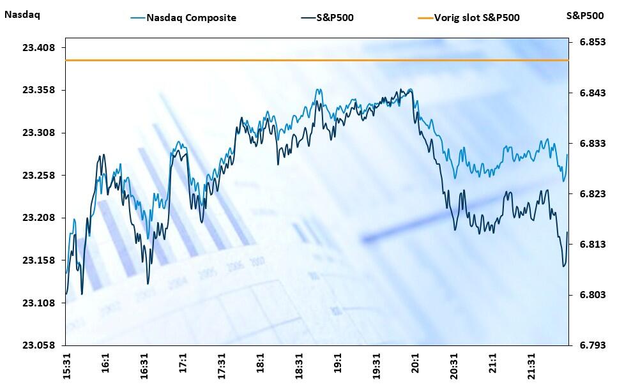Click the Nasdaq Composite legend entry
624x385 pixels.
coord(192,18)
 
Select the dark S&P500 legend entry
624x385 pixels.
coord(335,18)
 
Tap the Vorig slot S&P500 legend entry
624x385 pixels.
coord(476,18)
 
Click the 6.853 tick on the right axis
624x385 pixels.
coord(591,42)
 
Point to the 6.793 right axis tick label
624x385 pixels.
coord(591,345)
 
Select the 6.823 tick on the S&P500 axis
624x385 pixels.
coord(591,194)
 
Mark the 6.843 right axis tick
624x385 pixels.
coord(591,93)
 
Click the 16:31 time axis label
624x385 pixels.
coord(144,364)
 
